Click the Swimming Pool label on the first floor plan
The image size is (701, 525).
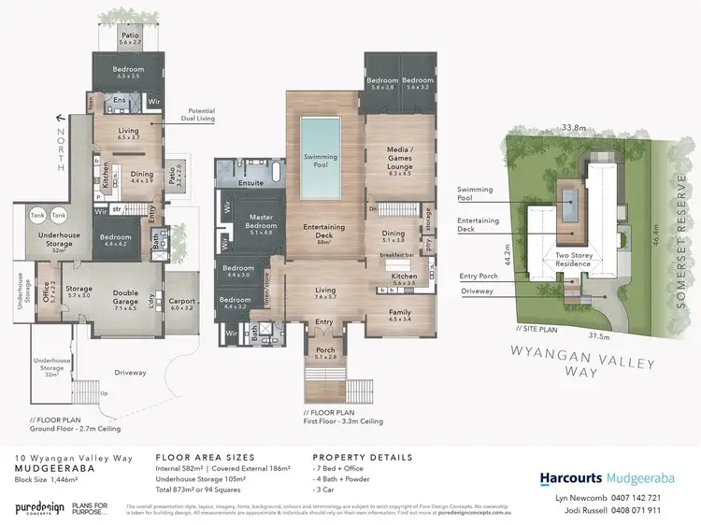pos(321,162)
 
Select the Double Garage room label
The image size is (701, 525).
pos(125,297)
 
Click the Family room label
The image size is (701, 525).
pos(399,316)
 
